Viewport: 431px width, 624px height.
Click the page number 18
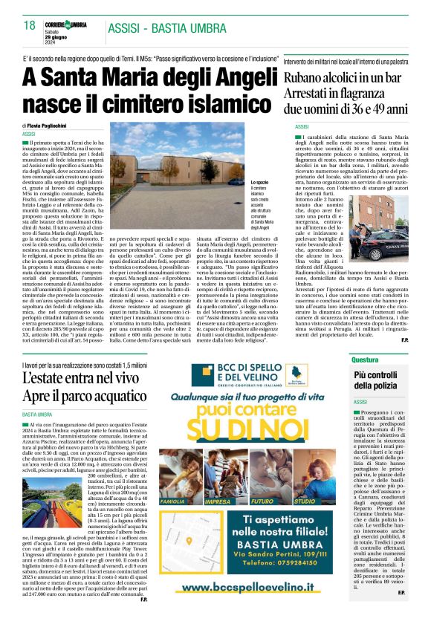(x=30, y=25)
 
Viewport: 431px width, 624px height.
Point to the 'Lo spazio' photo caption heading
(x=260, y=182)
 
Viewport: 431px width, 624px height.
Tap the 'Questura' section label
(x=366, y=360)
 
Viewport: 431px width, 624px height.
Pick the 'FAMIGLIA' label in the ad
(x=173, y=501)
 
